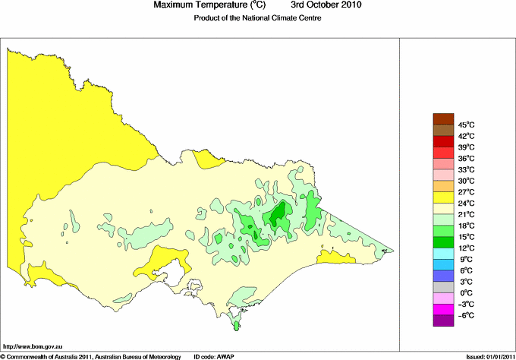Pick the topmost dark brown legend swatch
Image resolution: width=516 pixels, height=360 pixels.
[443, 118]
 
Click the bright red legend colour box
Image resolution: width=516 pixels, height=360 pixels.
[443, 141]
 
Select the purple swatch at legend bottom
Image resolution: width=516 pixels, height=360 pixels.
[443, 321]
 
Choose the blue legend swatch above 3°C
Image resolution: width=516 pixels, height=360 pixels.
[443, 275]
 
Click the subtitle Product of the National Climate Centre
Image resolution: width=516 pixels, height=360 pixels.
[258, 18]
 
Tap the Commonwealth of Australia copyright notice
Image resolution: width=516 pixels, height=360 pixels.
[91, 355]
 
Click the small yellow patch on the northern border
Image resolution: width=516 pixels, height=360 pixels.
[204, 158]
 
